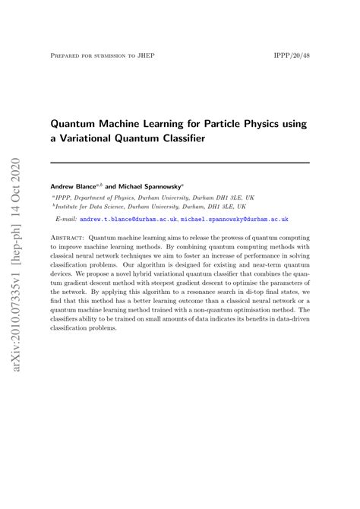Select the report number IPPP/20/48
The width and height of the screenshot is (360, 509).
(291, 56)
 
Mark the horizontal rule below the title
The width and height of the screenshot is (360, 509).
(180, 163)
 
